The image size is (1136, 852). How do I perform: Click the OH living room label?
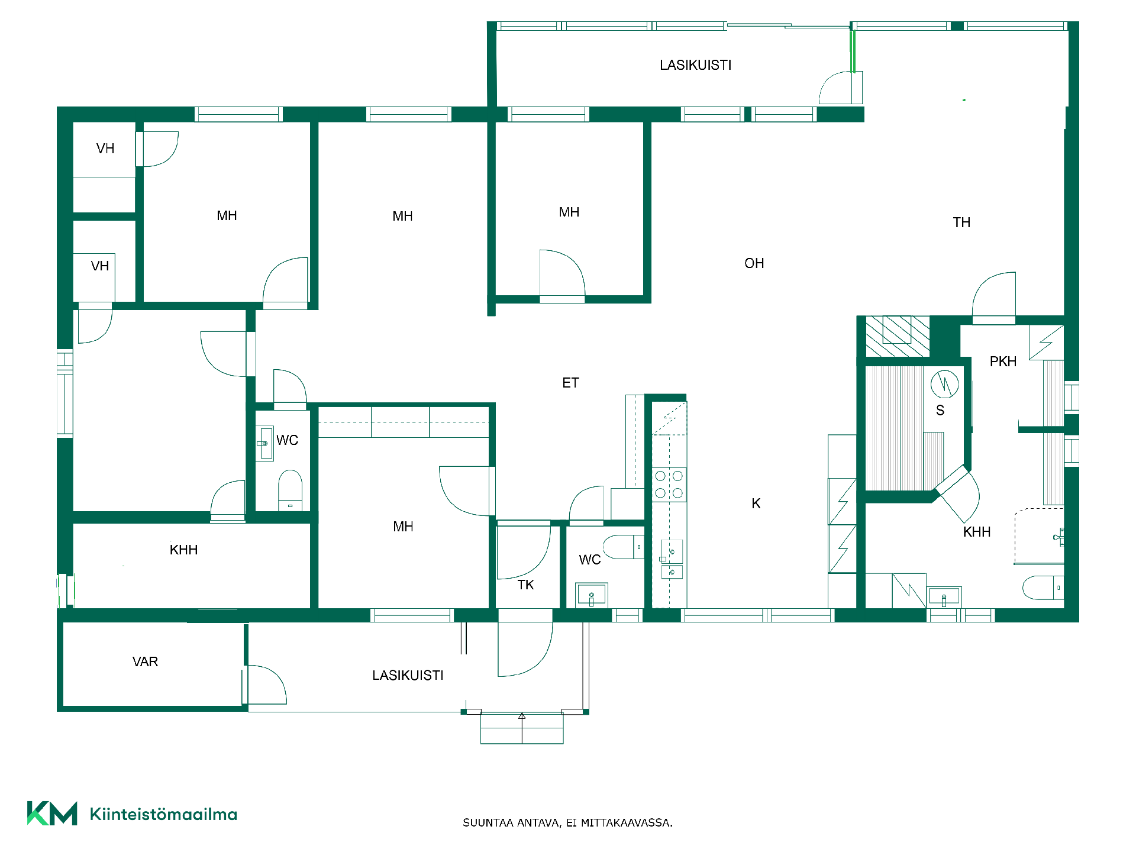(754, 263)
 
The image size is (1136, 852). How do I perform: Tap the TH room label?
(961, 222)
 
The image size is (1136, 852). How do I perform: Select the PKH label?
(1003, 362)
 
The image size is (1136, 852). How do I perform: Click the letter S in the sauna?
(940, 410)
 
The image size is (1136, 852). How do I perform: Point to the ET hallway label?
(570, 383)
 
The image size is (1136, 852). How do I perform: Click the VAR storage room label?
(145, 661)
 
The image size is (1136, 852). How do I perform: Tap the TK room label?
(525, 585)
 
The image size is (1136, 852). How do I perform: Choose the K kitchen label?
(756, 504)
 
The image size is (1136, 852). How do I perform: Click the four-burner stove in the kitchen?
(669, 485)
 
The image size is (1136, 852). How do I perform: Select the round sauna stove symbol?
(944, 384)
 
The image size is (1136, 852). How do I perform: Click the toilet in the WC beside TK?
(624, 547)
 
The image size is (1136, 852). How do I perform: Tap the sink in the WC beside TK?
(591, 595)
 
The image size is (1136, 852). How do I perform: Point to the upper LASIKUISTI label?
(696, 65)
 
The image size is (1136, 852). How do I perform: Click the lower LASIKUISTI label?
(408, 675)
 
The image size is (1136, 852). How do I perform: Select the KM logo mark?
(52, 813)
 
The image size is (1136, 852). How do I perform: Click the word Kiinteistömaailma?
(163, 814)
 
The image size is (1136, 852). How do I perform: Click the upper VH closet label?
(105, 149)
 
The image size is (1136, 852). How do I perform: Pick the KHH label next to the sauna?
(976, 532)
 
